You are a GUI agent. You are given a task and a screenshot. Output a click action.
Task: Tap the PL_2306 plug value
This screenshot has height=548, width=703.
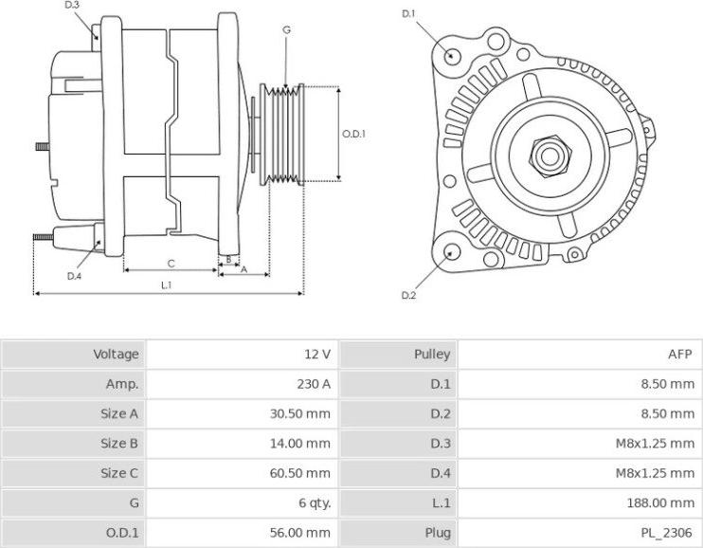tap(671, 532)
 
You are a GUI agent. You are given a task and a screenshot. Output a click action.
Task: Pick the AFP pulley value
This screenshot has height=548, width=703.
tap(681, 355)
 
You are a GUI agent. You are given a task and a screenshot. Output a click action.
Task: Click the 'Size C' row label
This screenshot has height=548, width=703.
tap(119, 473)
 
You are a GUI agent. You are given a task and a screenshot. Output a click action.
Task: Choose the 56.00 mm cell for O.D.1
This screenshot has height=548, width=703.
tap(302, 532)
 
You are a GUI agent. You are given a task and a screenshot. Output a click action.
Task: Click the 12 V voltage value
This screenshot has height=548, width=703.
tap(317, 355)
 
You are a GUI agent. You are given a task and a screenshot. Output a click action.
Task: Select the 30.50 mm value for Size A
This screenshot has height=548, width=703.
tap(302, 413)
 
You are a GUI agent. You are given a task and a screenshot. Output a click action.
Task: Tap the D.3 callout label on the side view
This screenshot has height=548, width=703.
tap(73, 6)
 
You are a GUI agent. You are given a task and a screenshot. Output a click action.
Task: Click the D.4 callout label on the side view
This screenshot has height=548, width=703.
tap(75, 276)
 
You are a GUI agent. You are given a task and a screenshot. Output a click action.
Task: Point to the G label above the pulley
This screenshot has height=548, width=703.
tap(286, 30)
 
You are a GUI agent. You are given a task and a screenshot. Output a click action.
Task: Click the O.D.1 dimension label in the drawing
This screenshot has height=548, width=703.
tap(353, 134)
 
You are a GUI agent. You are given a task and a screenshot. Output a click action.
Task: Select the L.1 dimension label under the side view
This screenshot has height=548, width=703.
tap(166, 284)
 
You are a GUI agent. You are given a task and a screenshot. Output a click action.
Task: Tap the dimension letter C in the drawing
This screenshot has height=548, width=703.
tap(171, 263)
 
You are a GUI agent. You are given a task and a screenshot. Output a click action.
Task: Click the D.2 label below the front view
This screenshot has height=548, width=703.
tap(408, 296)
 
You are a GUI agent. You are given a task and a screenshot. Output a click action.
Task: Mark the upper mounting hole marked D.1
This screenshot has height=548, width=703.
tap(453, 54)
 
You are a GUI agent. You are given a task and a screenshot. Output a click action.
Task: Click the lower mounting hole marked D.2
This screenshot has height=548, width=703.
tap(452, 252)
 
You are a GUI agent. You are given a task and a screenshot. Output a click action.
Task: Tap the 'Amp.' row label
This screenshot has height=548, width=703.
tap(122, 384)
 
